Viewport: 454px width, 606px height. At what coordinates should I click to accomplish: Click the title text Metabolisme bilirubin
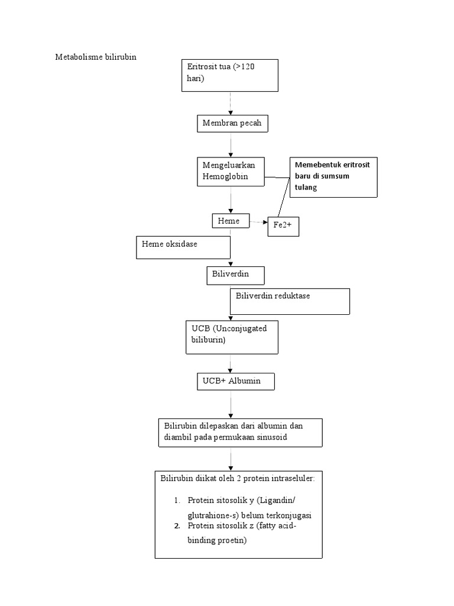[96, 57]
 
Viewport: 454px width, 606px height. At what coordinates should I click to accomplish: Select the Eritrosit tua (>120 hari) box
[229, 75]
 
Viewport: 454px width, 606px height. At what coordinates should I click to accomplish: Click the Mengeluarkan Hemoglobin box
[230, 172]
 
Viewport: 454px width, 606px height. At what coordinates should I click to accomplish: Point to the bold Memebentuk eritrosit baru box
[333, 176]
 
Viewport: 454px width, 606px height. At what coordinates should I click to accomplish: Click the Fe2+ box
[283, 225]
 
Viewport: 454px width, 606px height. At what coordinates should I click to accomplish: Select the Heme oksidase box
[183, 247]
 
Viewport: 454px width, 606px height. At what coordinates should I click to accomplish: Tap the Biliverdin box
[235, 275]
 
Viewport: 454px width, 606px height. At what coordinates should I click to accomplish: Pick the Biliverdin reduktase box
[290, 301]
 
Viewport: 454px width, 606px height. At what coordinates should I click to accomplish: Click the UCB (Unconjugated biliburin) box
[231, 337]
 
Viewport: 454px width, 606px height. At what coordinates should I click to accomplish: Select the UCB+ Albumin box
[236, 382]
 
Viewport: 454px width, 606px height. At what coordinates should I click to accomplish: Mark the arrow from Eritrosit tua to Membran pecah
[231, 103]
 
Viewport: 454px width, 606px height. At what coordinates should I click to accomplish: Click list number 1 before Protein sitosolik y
[177, 500]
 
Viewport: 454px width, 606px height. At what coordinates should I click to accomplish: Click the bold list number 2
[177, 526]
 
